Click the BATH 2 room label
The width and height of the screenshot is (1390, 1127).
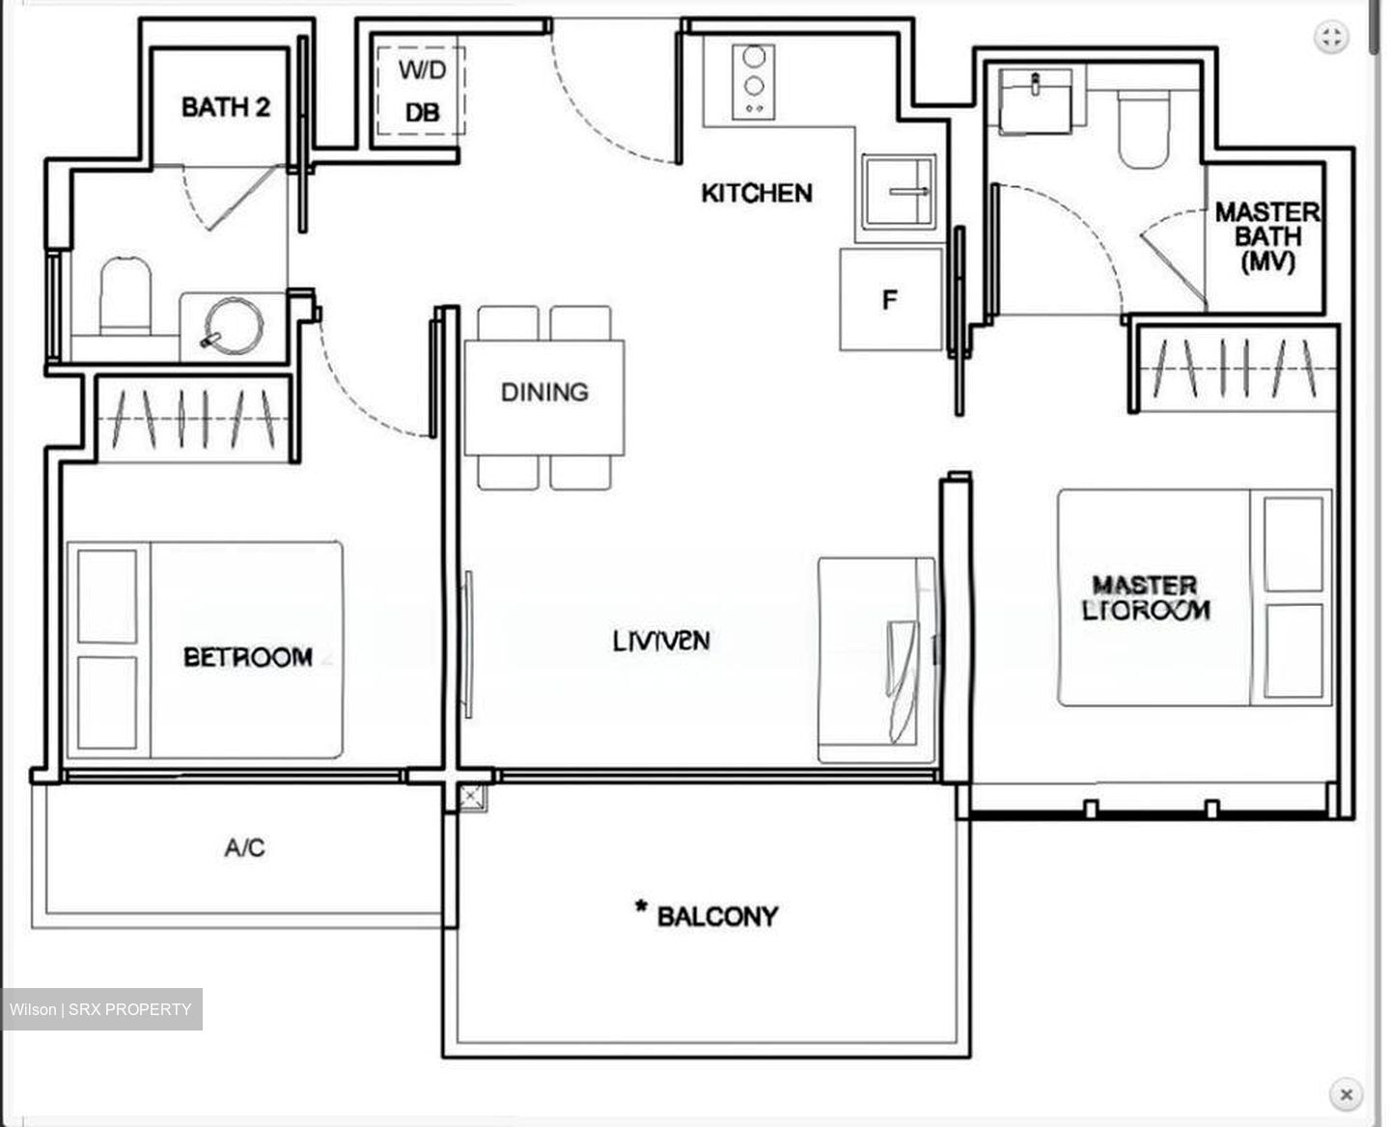[x=225, y=107]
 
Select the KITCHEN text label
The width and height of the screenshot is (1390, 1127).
[x=756, y=193]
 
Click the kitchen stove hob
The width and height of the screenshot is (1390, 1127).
[x=754, y=83]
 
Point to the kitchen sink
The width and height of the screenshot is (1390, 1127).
[x=899, y=192]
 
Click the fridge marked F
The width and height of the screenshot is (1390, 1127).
[x=890, y=300]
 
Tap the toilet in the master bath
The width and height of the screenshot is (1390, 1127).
[x=1143, y=130]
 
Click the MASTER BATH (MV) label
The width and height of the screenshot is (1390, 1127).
[x=1266, y=236]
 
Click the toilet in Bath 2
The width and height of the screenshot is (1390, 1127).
[x=125, y=294]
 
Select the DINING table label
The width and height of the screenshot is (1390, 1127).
[x=544, y=393]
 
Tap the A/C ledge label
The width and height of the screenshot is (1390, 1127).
[x=244, y=848]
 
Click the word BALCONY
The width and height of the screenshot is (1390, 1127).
[x=717, y=916]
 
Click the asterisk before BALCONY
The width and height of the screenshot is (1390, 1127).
[x=640, y=908]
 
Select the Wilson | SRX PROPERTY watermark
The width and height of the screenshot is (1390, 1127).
[x=101, y=1009]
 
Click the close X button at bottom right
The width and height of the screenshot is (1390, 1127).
[x=1346, y=1094]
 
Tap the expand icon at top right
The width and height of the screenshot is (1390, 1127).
[x=1332, y=38]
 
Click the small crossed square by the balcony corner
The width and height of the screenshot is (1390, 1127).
[x=470, y=797]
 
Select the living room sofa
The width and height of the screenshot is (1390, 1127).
[x=876, y=660]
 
